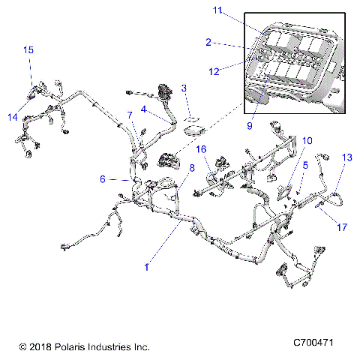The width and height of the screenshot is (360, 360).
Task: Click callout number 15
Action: [28, 49]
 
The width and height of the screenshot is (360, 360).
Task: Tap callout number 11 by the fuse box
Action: [217, 10]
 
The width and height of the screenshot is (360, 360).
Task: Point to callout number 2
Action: [209, 42]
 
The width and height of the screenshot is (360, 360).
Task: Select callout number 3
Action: [184, 88]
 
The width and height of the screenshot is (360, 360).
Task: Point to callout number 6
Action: [103, 179]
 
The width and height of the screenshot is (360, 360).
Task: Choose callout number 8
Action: [192, 168]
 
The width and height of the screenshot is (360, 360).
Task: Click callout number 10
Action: [308, 140]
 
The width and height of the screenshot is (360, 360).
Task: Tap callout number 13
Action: [346, 157]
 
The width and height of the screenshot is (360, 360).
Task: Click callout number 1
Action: [147, 266]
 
